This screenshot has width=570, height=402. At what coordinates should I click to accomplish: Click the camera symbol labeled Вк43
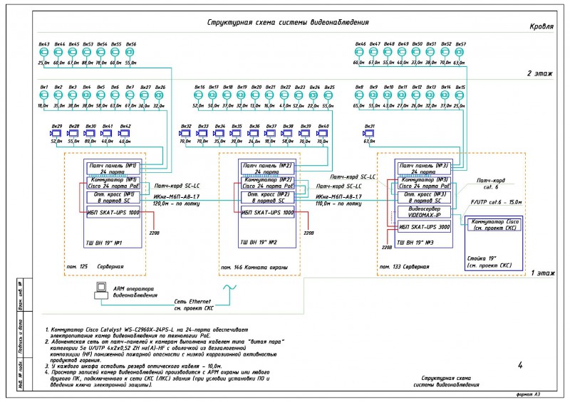tap(43, 53)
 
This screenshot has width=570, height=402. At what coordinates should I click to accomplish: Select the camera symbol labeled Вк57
tap(460, 53)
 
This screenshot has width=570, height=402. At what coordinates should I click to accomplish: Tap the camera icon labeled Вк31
tap(369, 133)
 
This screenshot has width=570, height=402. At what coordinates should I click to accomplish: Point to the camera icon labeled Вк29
tap(56, 133)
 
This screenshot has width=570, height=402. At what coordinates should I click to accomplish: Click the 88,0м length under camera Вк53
tap(87, 63)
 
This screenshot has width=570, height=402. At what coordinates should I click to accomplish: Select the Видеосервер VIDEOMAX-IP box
tap(425, 213)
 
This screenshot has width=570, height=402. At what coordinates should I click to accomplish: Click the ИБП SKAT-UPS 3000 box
tap(425, 228)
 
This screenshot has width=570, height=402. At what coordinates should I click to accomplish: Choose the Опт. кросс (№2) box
tap(265, 197)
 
